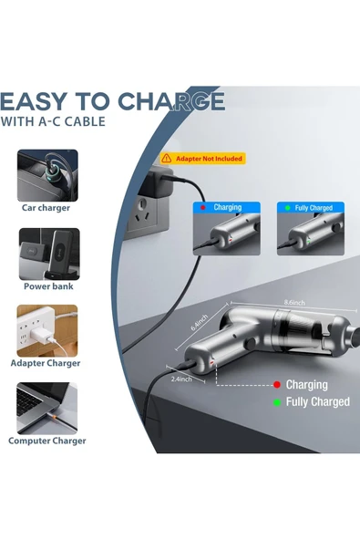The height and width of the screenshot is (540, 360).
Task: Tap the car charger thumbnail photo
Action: pos(47,175)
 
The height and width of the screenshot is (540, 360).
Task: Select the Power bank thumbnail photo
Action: pos(47,253)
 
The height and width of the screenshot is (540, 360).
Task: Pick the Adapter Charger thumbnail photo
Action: pos(47,329)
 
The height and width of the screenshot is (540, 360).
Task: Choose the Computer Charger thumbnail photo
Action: pos(47,407)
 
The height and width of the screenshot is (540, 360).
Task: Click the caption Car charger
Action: pos(46,207)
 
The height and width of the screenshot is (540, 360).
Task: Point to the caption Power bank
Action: pos(46,286)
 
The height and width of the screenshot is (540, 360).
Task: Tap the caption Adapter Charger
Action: pos(46,363)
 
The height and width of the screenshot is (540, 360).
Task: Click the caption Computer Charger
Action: pos(47,441)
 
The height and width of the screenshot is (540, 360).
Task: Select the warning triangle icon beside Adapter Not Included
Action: pos(167,159)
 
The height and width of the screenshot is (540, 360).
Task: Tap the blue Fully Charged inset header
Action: pos(308,208)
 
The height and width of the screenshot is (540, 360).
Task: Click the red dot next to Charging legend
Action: pos(277,386)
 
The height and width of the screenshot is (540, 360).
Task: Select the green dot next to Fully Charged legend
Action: pos(277,401)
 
